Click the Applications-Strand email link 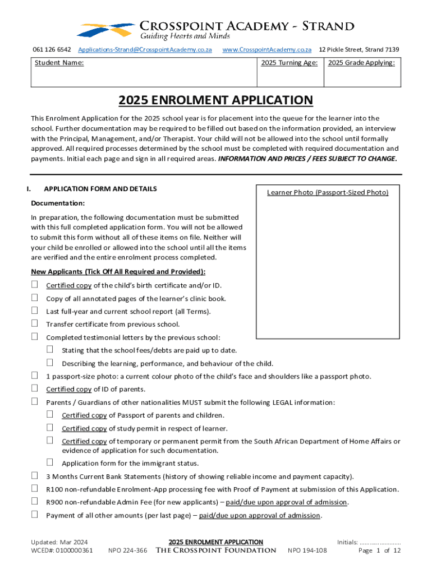[145, 50]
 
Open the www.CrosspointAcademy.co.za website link [266, 50]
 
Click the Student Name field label [59, 63]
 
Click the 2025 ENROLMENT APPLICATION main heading [215, 100]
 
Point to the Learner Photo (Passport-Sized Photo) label [328, 193]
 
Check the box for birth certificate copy [34, 285]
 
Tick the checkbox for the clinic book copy [34, 298]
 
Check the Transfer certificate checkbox [34, 323]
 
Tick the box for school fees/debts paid [50, 350]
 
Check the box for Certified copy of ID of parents [34, 388]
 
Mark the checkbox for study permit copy [50, 428]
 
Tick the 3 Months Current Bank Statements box [34, 476]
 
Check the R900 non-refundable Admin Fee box [34, 501]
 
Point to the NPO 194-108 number [307, 550]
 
